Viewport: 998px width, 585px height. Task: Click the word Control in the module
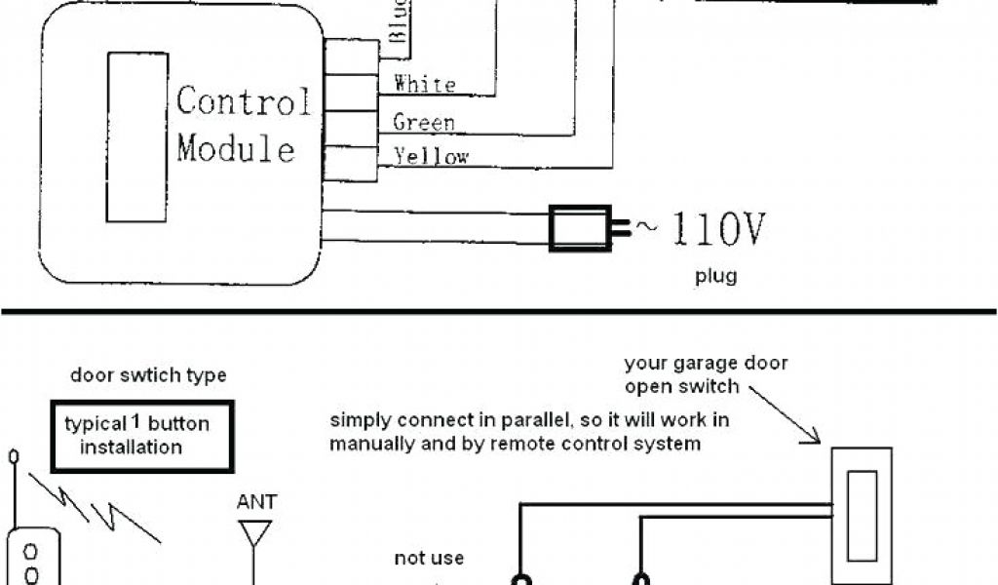pos(245,101)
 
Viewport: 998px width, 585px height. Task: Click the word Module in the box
pos(236,149)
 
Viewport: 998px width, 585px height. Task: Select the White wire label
pos(424,84)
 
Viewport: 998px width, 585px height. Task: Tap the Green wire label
pos(424,122)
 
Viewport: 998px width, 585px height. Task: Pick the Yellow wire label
pos(431,156)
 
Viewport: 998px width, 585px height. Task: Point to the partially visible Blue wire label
pos(399,21)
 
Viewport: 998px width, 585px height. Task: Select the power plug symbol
pos(583,228)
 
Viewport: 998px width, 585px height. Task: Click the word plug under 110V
pos(715,276)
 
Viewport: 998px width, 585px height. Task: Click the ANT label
pos(256,502)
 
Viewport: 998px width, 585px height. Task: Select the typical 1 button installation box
pos(142,435)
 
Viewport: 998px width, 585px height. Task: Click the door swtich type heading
pos(148,375)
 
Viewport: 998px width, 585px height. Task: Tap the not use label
pos(429,559)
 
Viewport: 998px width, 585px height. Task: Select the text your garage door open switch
pos(706,374)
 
